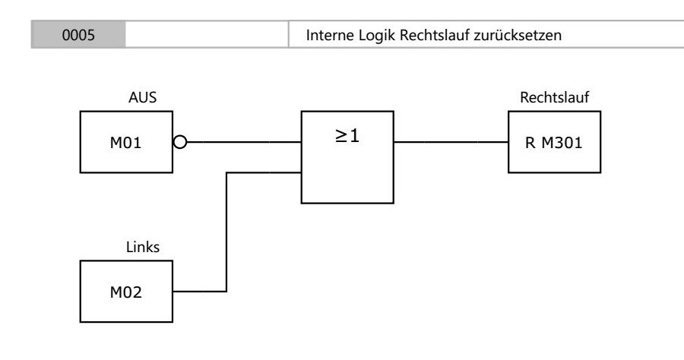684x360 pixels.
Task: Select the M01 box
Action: (x=126, y=142)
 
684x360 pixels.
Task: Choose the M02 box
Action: (x=126, y=292)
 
